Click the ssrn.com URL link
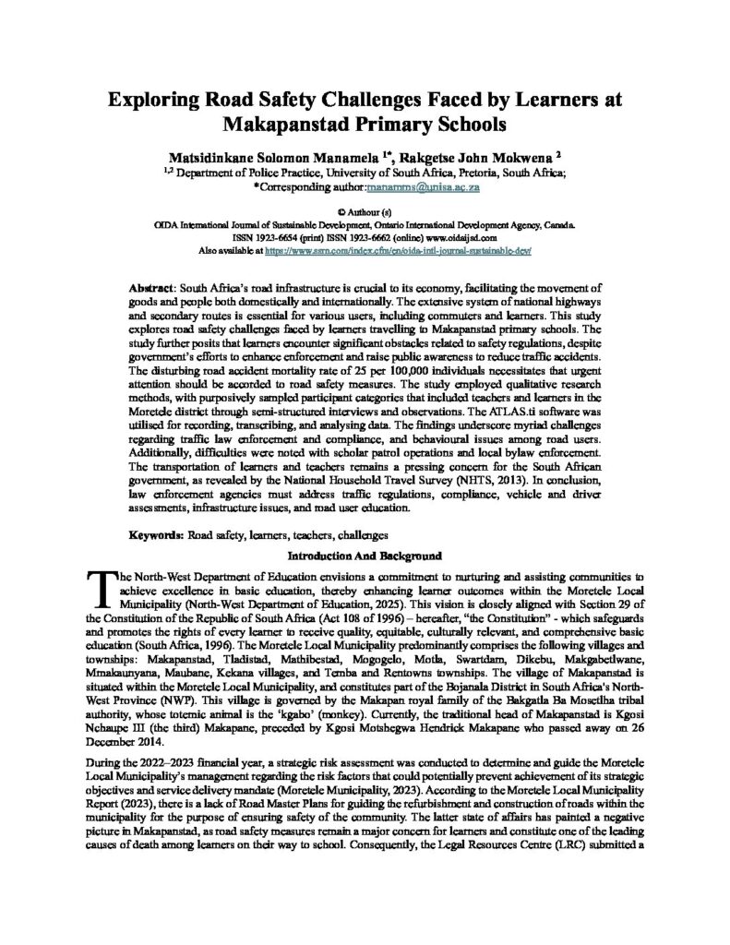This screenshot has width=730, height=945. click(398, 250)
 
